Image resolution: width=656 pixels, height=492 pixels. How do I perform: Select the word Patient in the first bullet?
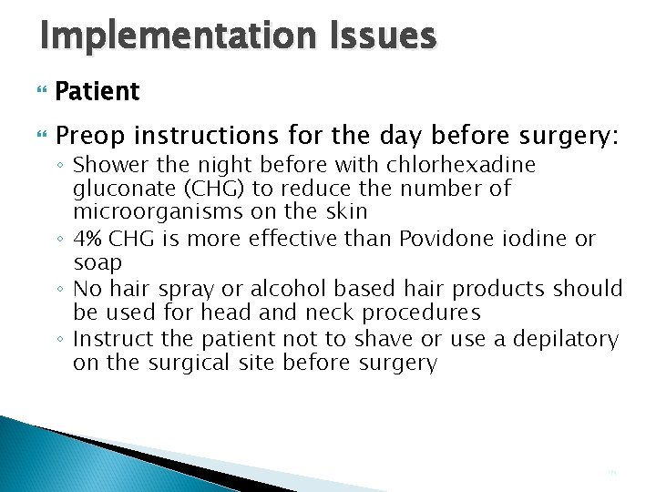coord(97,91)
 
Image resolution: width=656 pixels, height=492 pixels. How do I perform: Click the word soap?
coord(97,262)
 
